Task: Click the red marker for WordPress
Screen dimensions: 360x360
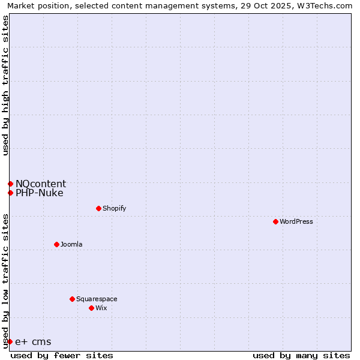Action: [275, 221]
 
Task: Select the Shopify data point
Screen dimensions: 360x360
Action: [98, 208]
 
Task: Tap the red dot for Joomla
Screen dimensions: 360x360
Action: [56, 244]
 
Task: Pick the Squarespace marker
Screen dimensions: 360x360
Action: [72, 299]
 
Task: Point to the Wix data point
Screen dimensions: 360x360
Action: [91, 308]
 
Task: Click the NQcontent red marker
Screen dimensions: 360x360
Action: [10, 184]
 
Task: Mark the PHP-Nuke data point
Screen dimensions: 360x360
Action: [10, 193]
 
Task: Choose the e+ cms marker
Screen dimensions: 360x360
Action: [10, 341]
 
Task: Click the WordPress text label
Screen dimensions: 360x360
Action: [296, 221]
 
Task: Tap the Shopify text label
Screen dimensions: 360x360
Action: [114, 208]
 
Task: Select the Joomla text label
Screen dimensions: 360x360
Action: [71, 244]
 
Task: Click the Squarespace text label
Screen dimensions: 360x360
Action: [97, 299]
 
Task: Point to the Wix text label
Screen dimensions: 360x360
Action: [101, 308]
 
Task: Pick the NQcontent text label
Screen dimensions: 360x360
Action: [41, 184]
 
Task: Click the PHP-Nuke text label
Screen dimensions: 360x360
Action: [40, 193]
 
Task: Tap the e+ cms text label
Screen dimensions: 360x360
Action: [33, 342]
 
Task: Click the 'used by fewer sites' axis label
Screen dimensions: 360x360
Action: [62, 355]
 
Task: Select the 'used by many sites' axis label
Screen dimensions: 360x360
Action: [301, 355]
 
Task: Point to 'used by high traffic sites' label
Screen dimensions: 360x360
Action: [5, 85]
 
